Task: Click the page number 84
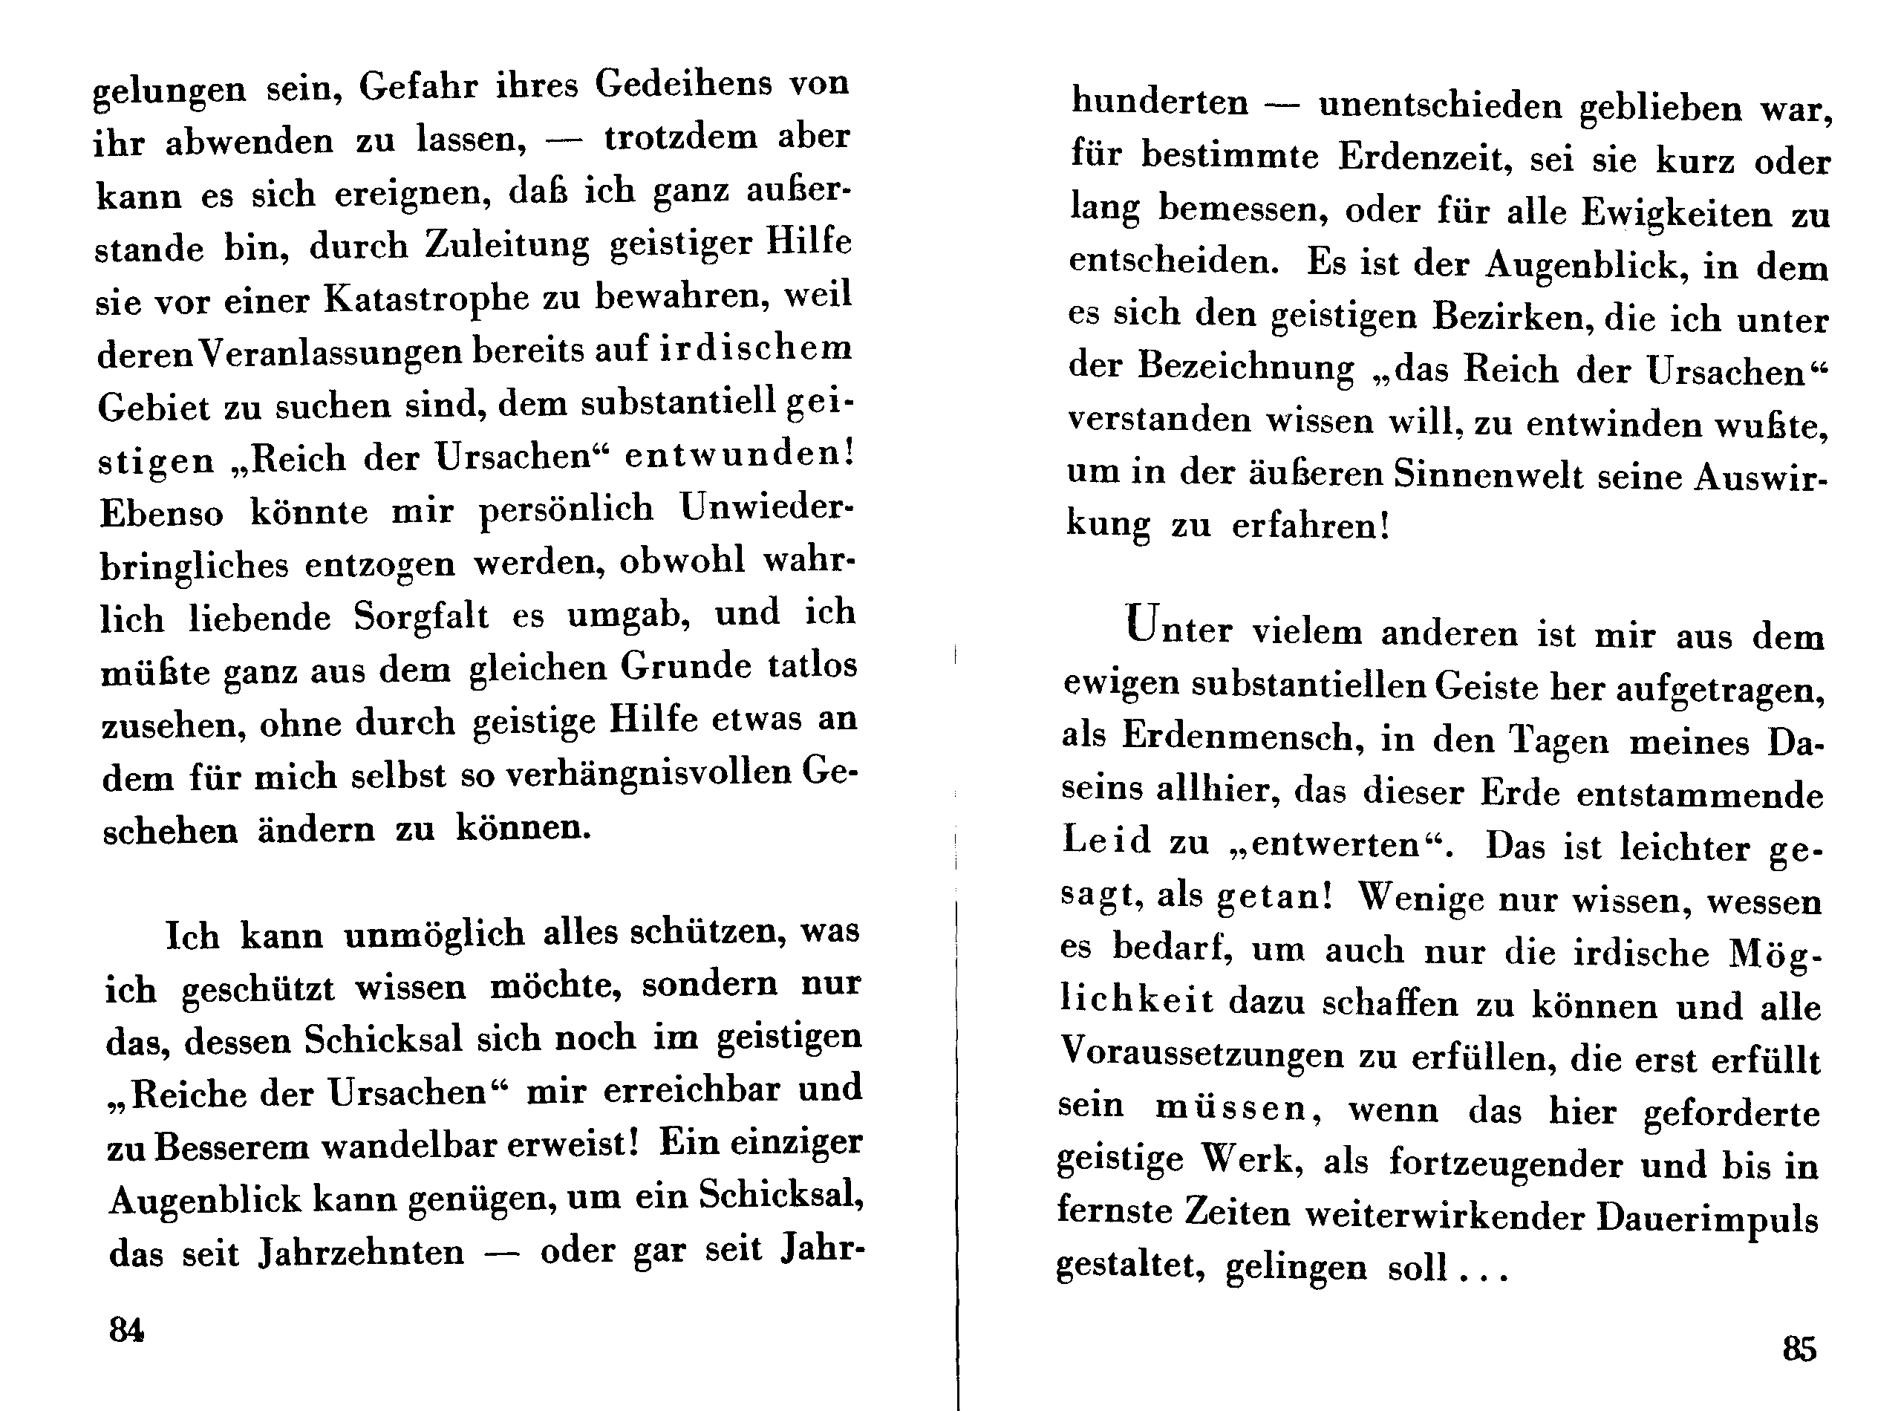[x=126, y=1330]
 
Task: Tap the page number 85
[x=1799, y=1349]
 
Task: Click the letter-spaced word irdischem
[x=756, y=348]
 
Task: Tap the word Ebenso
[x=161, y=512]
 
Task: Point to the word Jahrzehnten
[x=361, y=1252]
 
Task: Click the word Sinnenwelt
[x=1487, y=475]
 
